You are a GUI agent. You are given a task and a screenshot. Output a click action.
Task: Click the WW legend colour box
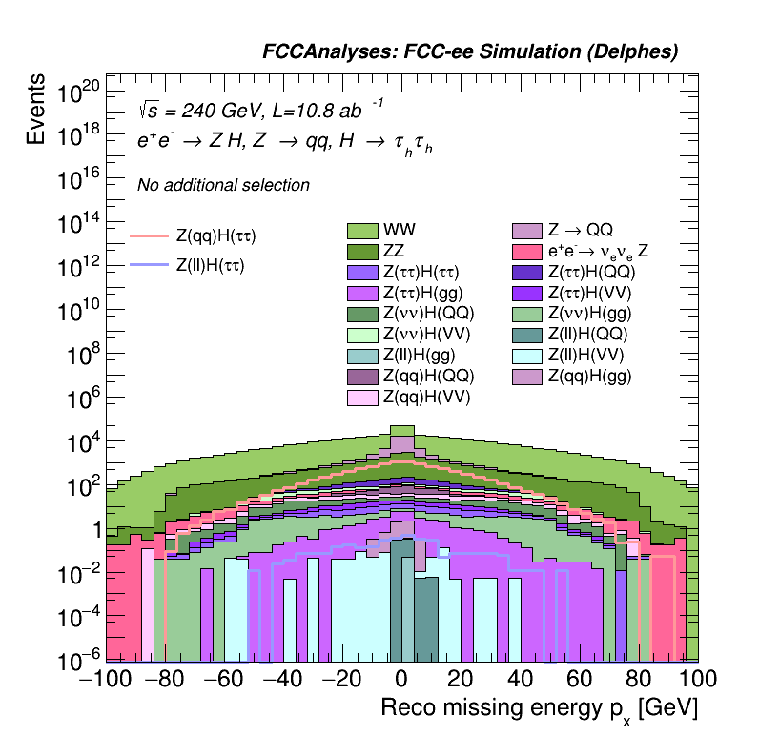(x=362, y=231)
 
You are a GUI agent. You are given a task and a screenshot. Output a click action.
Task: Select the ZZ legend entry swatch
(x=362, y=252)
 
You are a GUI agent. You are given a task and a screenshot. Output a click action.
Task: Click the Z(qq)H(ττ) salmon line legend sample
(x=149, y=235)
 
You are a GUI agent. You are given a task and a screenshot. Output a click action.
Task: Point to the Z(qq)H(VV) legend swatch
(x=362, y=397)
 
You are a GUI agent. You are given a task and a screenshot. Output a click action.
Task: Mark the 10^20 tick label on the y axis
(x=78, y=92)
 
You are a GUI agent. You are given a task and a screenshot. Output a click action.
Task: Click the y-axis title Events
(x=37, y=109)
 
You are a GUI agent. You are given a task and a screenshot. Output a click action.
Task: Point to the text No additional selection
(x=223, y=185)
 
